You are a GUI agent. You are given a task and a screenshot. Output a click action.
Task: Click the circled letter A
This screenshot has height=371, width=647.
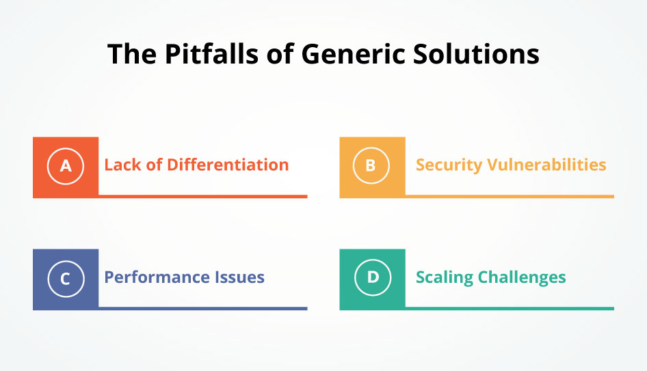[x=66, y=165]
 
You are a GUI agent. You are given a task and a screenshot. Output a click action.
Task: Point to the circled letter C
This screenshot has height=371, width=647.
[x=66, y=277]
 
